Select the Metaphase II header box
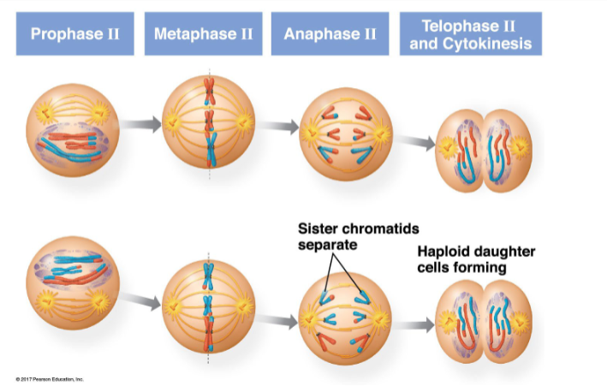203,34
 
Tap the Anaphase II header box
330,34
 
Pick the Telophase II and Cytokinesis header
470,34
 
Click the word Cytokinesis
470,43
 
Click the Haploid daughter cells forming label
476,259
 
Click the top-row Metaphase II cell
208,125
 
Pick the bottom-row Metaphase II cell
208,303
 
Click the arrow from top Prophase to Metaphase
140,125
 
